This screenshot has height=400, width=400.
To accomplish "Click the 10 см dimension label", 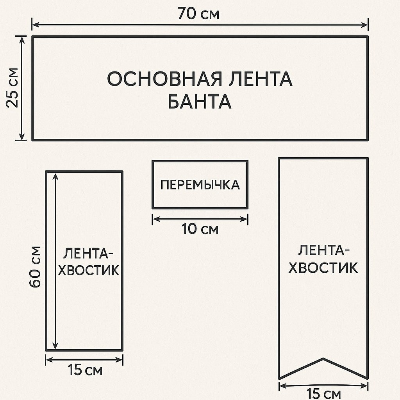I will point(200,229).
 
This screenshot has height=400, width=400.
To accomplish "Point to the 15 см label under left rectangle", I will point(84,370).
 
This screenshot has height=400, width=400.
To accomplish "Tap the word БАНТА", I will point(200,102).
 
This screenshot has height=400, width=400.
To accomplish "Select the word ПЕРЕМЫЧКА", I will point(200,185).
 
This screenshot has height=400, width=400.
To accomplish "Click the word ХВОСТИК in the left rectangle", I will point(89,270).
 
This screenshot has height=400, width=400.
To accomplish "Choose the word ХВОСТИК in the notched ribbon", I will point(323,268).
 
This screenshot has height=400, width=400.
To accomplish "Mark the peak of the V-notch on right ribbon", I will point(323,358).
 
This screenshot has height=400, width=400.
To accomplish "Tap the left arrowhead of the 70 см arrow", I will point(34,25).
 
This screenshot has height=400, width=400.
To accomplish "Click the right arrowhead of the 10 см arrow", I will point(246,219).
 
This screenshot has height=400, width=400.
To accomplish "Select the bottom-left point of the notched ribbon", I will point(279,378).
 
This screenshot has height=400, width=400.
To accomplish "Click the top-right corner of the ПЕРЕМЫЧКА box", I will point(248,161).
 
